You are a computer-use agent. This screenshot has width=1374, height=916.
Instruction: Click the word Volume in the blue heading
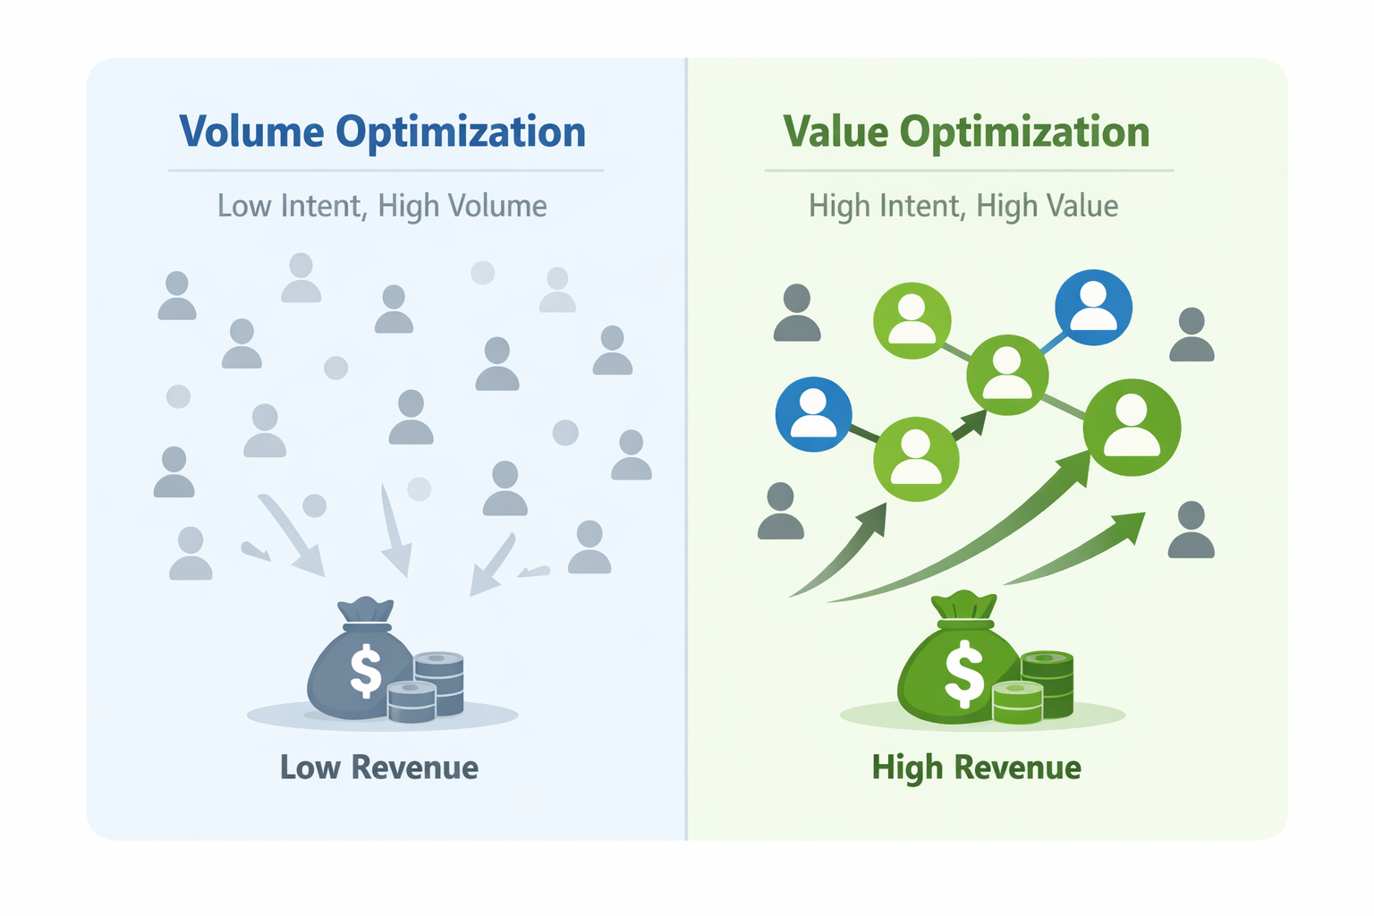tap(251, 132)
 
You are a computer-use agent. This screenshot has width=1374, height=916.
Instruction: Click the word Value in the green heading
tap(836, 132)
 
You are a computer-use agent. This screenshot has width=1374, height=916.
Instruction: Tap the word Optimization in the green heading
tap(1024, 132)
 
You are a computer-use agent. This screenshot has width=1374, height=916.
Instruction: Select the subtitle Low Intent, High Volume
tap(382, 206)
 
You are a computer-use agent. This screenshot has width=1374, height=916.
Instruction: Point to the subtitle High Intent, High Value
tap(963, 206)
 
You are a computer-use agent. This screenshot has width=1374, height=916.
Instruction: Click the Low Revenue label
tap(379, 768)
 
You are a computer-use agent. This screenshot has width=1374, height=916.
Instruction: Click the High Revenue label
tap(977, 768)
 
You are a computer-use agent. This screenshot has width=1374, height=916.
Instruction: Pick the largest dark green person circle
tap(1132, 427)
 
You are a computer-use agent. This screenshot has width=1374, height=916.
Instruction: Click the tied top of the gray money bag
tap(365, 612)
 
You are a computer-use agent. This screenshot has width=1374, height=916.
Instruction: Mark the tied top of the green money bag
tap(964, 606)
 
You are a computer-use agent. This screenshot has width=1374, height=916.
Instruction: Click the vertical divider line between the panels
tap(686, 447)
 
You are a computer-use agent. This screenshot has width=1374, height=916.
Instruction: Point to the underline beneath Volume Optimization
tap(386, 170)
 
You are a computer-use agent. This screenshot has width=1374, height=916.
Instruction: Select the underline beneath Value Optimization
tap(969, 170)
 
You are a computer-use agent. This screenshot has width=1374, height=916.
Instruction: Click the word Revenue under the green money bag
tap(1017, 768)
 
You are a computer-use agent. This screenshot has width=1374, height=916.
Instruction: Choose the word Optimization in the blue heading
tap(461, 132)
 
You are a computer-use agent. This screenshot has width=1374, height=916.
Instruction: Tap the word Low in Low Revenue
tap(310, 768)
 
